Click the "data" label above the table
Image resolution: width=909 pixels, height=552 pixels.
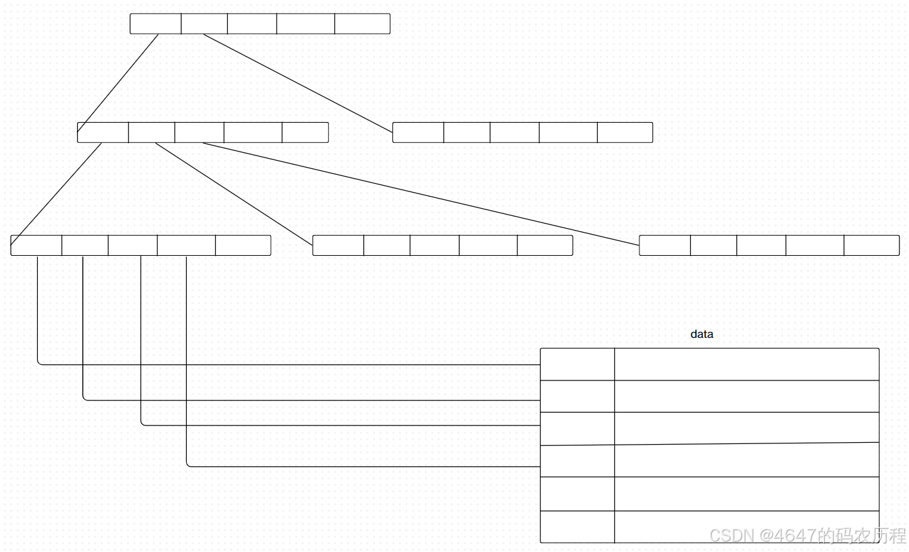pyautogui.click(x=702, y=334)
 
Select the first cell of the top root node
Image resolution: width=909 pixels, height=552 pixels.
pyautogui.click(x=155, y=24)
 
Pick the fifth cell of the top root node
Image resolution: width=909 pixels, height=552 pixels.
pyautogui.click(x=362, y=24)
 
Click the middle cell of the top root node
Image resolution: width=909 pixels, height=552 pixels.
pyautogui.click(x=252, y=24)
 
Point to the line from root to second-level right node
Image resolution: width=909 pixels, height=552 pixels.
pyautogui.click(x=298, y=83)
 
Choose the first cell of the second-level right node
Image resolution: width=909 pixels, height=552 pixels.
pyautogui.click(x=418, y=132)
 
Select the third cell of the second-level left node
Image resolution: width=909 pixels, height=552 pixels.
pyautogui.click(x=199, y=132)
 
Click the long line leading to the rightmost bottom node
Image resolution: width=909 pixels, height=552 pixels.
pyautogui.click(x=420, y=193)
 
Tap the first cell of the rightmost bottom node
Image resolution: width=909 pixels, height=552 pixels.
pyautogui.click(x=665, y=245)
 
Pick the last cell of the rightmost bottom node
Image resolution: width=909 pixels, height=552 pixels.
pyautogui.click(x=871, y=245)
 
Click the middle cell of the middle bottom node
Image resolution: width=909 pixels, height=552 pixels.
pyautogui.click(x=435, y=245)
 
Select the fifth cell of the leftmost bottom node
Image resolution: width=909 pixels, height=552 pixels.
pyautogui.click(x=243, y=245)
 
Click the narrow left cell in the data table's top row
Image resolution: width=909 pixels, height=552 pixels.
pyautogui.click(x=577, y=364)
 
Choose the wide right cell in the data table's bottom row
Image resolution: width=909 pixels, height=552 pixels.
pyautogui.click(x=746, y=527)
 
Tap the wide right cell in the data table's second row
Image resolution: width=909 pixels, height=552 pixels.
pyautogui.click(x=746, y=396)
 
